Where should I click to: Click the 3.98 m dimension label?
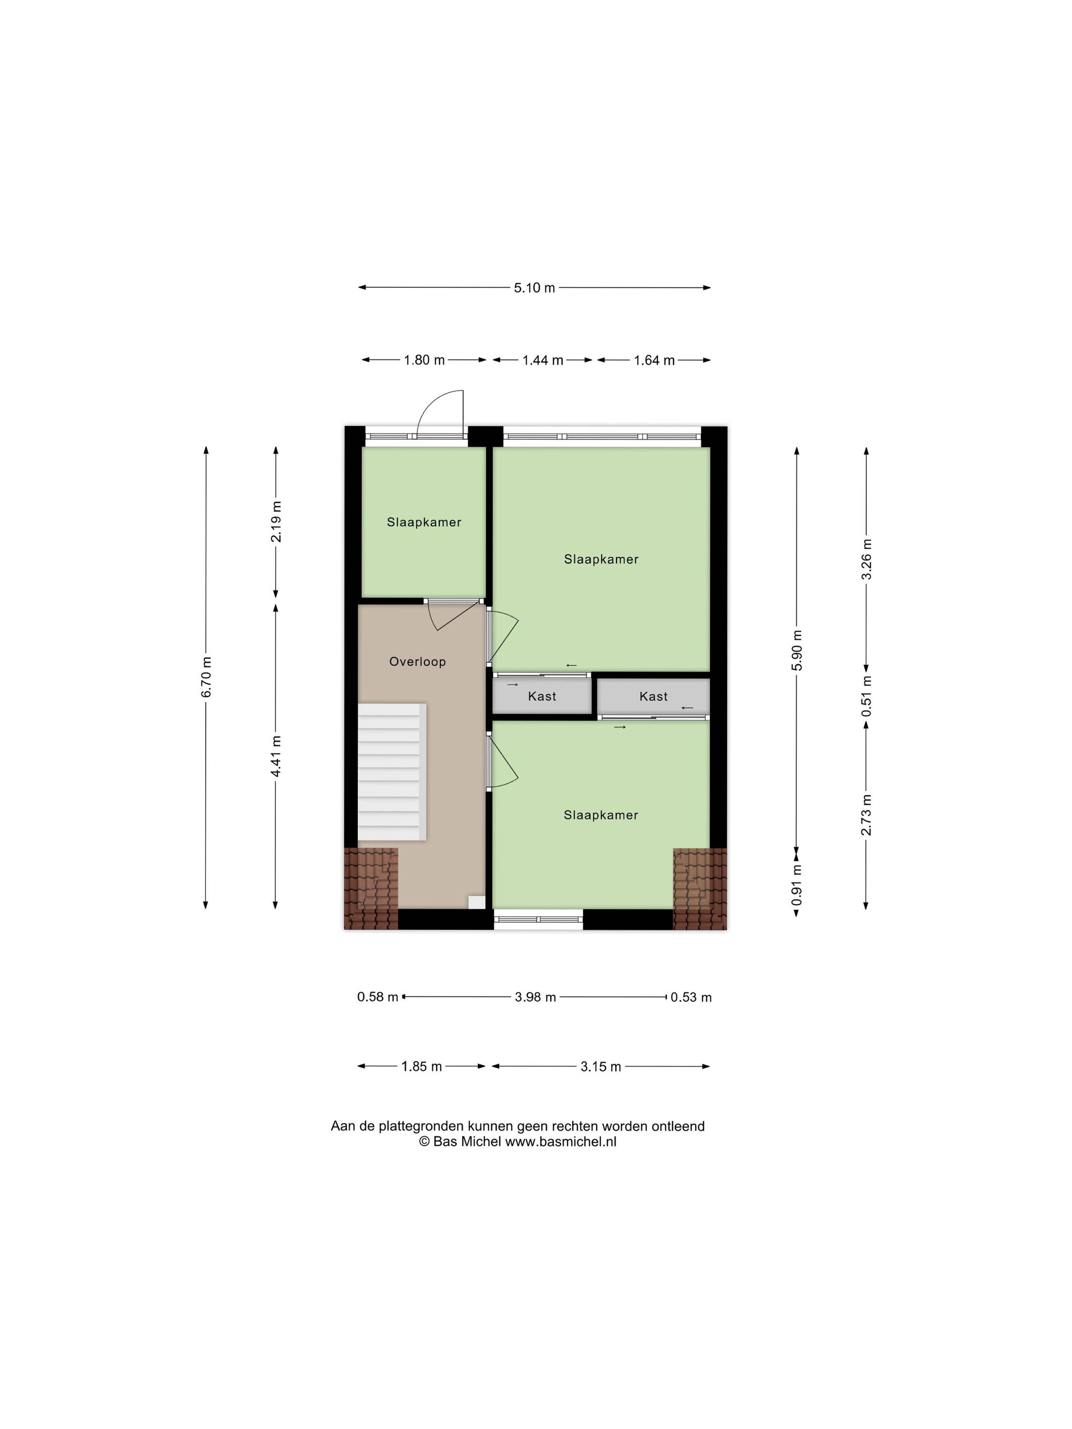tap(535, 997)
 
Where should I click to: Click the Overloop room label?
tap(417, 661)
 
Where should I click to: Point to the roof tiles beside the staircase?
tap(370, 888)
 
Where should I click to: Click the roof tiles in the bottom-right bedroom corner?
tap(700, 888)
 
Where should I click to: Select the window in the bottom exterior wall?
tap(538, 919)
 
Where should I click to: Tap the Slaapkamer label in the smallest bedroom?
tap(424, 522)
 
